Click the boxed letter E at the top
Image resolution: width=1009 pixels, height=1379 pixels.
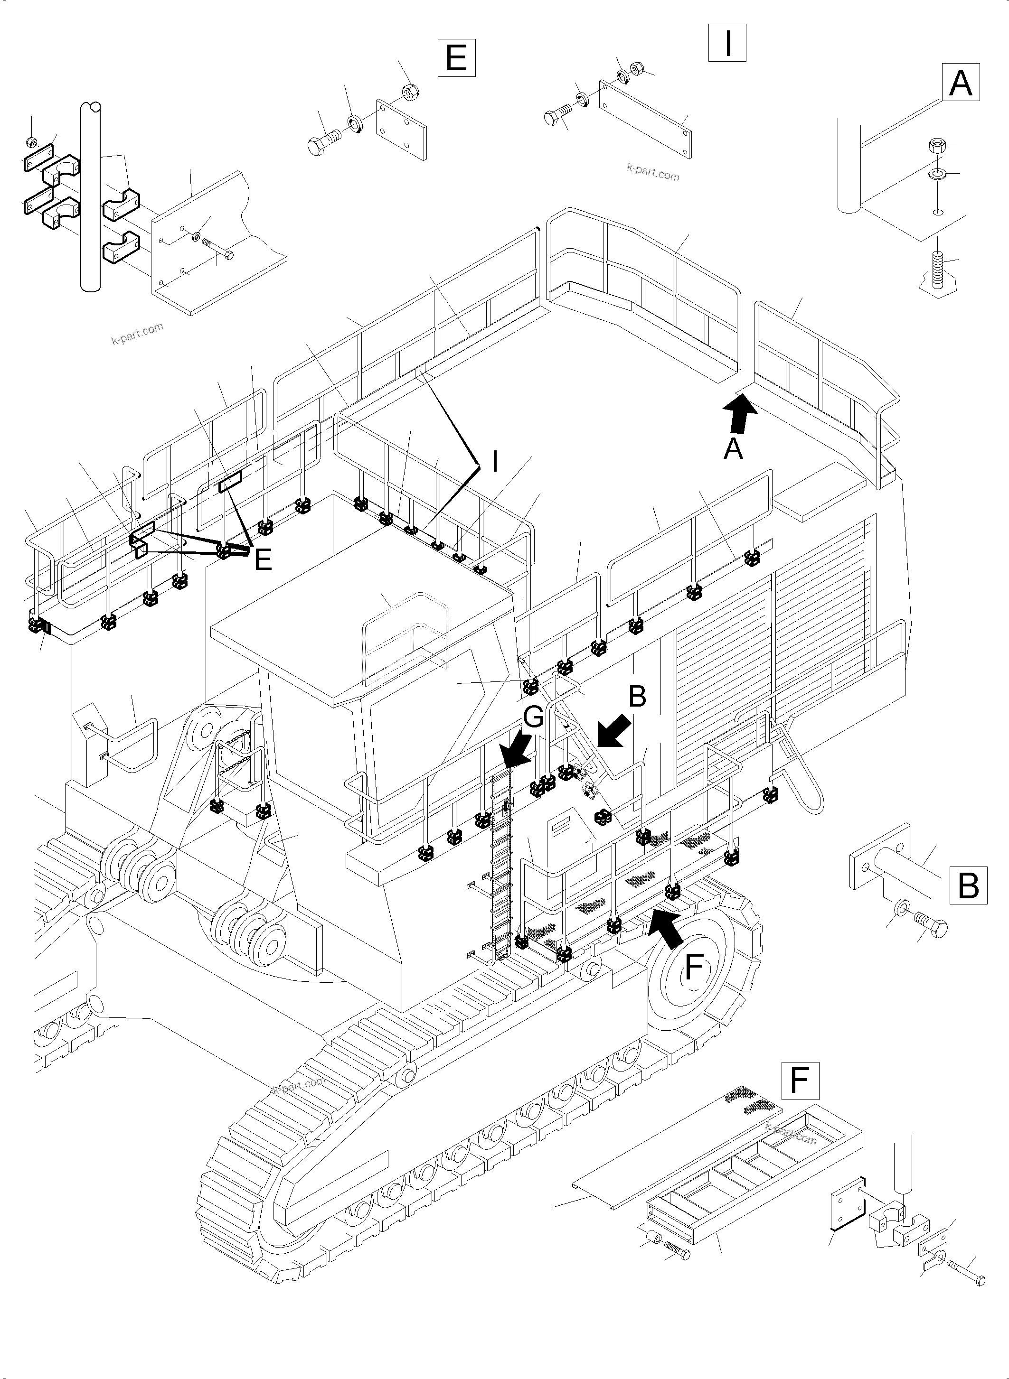point(456,57)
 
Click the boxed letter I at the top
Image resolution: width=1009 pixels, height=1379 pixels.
point(727,43)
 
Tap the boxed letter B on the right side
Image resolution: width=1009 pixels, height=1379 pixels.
point(969,885)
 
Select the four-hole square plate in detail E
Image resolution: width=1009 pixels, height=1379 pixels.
point(401,130)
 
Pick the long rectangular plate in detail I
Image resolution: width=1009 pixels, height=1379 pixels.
point(646,120)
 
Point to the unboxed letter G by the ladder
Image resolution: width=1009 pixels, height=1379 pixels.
point(533,718)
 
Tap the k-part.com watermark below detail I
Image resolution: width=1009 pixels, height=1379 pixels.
point(652,173)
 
